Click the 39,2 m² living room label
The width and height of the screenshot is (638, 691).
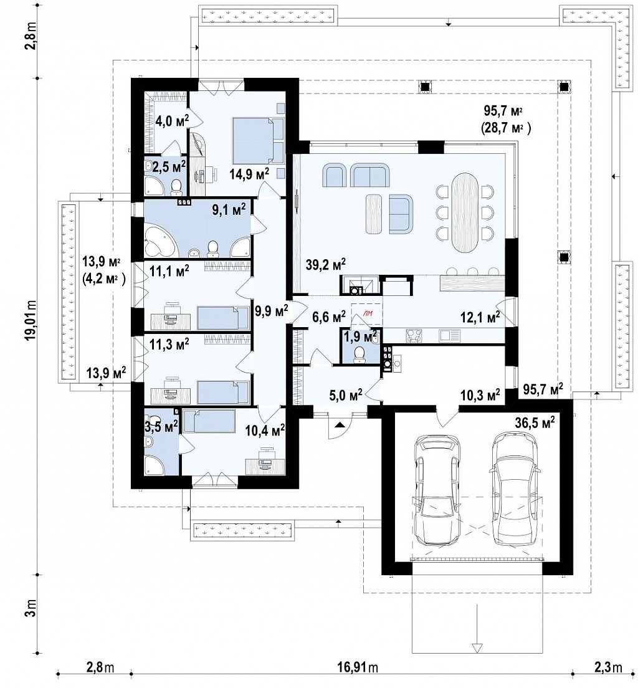pos(325,264)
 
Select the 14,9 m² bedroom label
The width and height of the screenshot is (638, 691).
pos(249,174)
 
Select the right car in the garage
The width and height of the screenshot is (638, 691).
pos(515,488)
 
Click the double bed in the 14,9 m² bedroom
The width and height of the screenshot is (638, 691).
pos(258,141)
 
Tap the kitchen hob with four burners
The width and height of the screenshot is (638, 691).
pos(413,336)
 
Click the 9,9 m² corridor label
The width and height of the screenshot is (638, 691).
pos(272,312)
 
